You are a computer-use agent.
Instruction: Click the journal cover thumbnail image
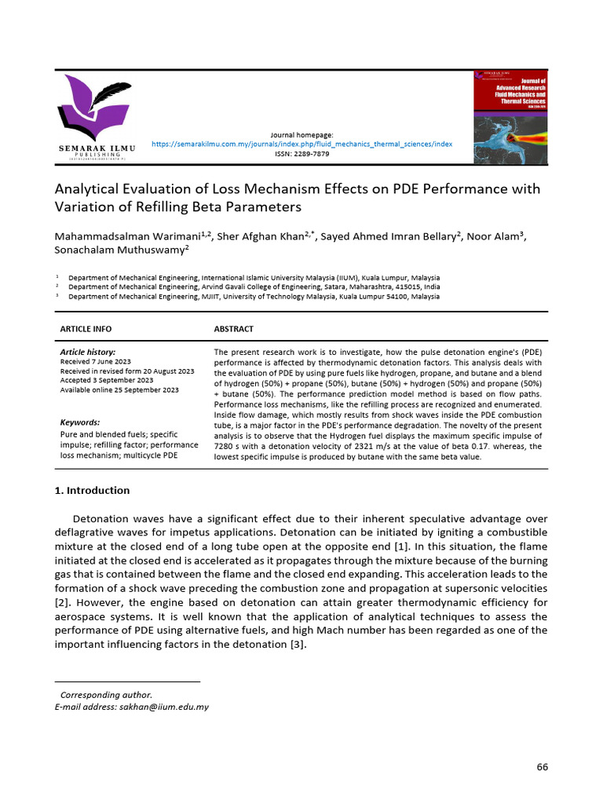point(510,118)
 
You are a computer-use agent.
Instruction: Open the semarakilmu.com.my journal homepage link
point(301,144)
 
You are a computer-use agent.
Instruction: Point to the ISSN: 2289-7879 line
point(301,154)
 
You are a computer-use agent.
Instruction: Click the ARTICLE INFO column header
point(86,328)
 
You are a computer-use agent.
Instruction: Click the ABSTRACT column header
point(234,328)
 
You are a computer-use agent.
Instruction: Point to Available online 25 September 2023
point(119,389)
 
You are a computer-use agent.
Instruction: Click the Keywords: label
point(80,422)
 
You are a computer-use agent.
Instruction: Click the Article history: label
point(88,353)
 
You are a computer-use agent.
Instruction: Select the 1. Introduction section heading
point(92,491)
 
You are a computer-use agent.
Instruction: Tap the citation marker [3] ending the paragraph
point(297,645)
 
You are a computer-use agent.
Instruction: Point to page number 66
point(542,766)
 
